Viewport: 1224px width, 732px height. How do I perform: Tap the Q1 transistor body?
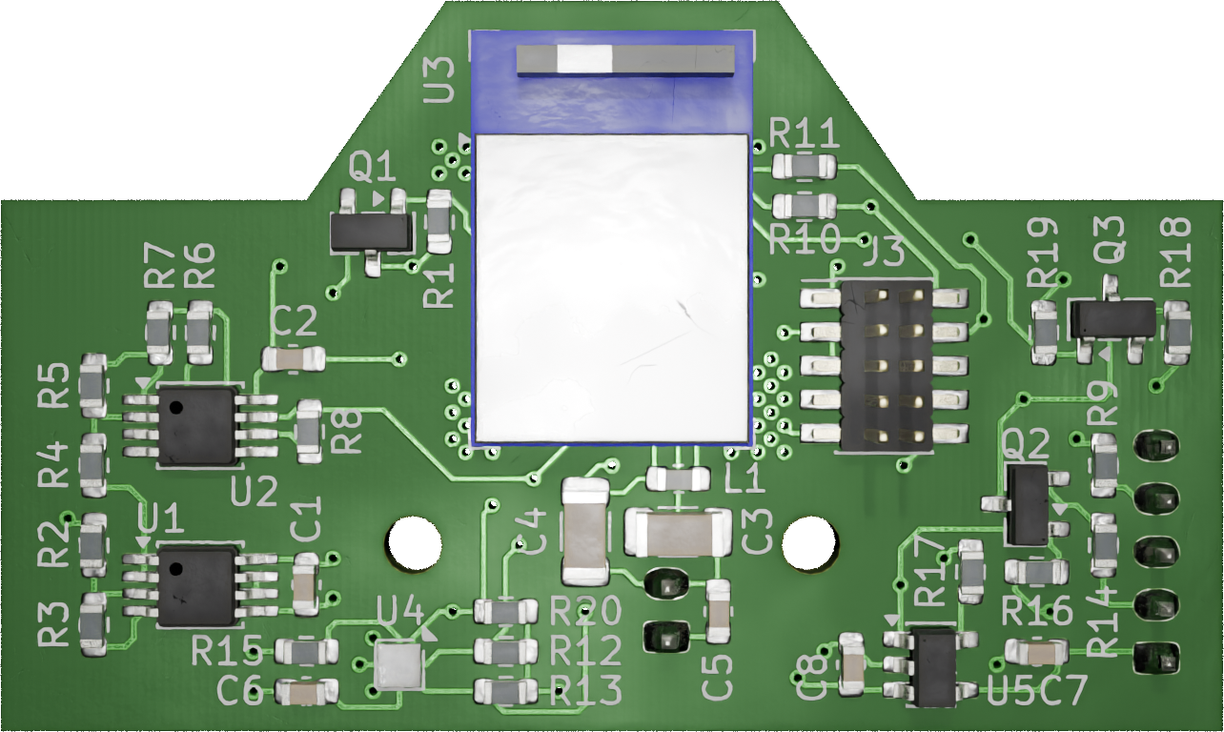[371, 233]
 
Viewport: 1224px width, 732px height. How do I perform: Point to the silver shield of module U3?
[612, 288]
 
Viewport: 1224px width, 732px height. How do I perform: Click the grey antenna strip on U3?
[625, 59]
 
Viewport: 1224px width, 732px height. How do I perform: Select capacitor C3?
[678, 532]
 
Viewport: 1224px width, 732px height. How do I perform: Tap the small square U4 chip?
[398, 665]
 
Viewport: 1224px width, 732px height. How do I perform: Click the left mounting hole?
[415, 543]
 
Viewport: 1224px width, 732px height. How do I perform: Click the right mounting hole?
[808, 543]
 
